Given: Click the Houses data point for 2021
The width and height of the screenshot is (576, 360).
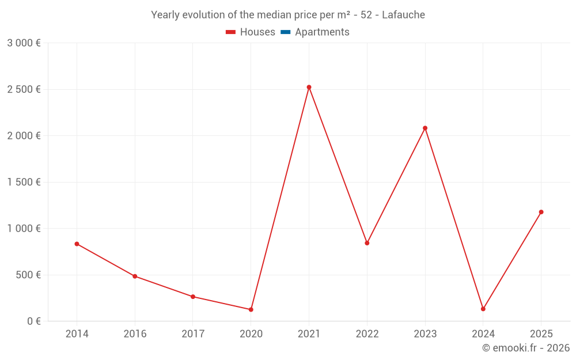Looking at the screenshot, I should tap(309, 88).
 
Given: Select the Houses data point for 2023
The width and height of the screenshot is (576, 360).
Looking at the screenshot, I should tap(425, 128).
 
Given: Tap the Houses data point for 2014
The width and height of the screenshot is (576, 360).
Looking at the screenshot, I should tap(77, 244).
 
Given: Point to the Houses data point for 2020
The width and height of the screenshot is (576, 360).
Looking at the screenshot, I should tap(251, 309).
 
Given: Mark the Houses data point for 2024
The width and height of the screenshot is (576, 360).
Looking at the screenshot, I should tap(483, 309).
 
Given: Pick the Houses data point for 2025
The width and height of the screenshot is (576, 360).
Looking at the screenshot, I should tap(541, 212).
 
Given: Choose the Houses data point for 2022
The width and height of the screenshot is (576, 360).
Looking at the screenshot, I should tap(367, 243).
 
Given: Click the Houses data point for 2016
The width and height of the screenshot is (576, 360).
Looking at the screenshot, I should tap(135, 276).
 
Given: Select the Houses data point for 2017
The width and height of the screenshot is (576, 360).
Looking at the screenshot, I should tap(193, 297).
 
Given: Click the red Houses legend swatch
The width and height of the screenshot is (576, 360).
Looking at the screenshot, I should tap(230, 32).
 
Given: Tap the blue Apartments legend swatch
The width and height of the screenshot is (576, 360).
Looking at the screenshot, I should tap(285, 32).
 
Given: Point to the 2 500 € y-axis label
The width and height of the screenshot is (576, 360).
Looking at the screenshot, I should tap(24, 89).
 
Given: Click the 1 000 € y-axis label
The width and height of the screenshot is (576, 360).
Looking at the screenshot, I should tap(24, 228).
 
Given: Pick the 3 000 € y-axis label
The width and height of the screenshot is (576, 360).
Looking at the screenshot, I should tap(24, 43).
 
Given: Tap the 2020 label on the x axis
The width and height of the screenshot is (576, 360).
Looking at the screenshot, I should tap(251, 334).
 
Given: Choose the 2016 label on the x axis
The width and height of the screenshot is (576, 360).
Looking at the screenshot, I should tap(135, 334).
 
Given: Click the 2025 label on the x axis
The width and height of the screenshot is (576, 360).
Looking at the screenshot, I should tap(541, 334).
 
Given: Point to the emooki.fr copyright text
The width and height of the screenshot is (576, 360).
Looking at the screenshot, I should tap(526, 348).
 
